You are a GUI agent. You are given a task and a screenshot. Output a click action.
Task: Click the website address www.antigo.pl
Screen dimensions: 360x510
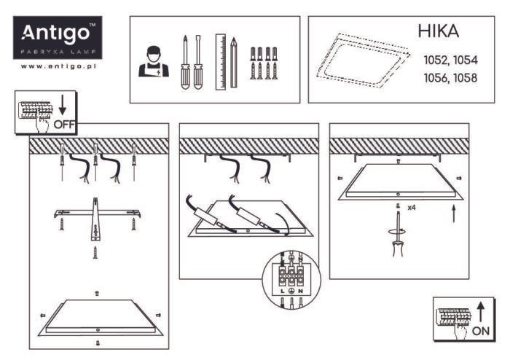[60, 66]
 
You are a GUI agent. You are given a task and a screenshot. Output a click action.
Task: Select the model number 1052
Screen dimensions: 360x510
[435, 60]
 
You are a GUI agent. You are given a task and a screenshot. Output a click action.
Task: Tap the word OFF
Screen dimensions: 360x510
[64, 124]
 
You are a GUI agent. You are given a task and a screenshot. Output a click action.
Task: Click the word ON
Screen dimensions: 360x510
[482, 330]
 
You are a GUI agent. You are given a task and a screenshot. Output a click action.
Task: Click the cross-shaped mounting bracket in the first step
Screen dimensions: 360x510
[95, 216]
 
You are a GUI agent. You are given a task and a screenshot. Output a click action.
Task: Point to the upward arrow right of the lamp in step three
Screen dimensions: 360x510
[454, 214]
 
